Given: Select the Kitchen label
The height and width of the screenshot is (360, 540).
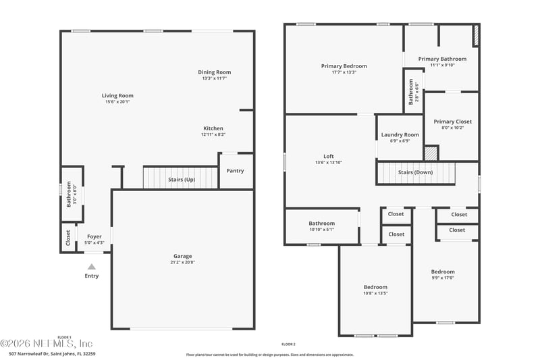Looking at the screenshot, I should click(x=213, y=128).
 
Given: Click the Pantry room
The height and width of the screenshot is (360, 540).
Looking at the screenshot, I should click(x=235, y=171).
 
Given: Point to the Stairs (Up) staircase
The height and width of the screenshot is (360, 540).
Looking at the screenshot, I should click(x=181, y=179).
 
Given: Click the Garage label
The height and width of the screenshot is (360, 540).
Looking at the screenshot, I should click(x=182, y=256).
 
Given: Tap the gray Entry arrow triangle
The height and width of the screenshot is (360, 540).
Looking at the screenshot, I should click(x=92, y=267).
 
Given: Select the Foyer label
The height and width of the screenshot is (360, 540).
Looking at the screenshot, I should click(x=94, y=236).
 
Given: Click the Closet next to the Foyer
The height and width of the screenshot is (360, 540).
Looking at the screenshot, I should click(x=68, y=237).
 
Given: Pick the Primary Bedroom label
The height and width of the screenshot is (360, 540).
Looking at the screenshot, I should click(x=344, y=66).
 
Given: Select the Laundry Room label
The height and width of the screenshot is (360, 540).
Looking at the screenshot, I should click(x=400, y=134).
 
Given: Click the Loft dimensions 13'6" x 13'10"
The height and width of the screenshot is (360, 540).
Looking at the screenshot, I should click(x=329, y=163).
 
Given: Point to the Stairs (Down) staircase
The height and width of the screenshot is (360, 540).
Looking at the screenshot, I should click(x=415, y=173).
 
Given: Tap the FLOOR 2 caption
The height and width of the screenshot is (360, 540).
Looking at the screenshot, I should click(x=288, y=344).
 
